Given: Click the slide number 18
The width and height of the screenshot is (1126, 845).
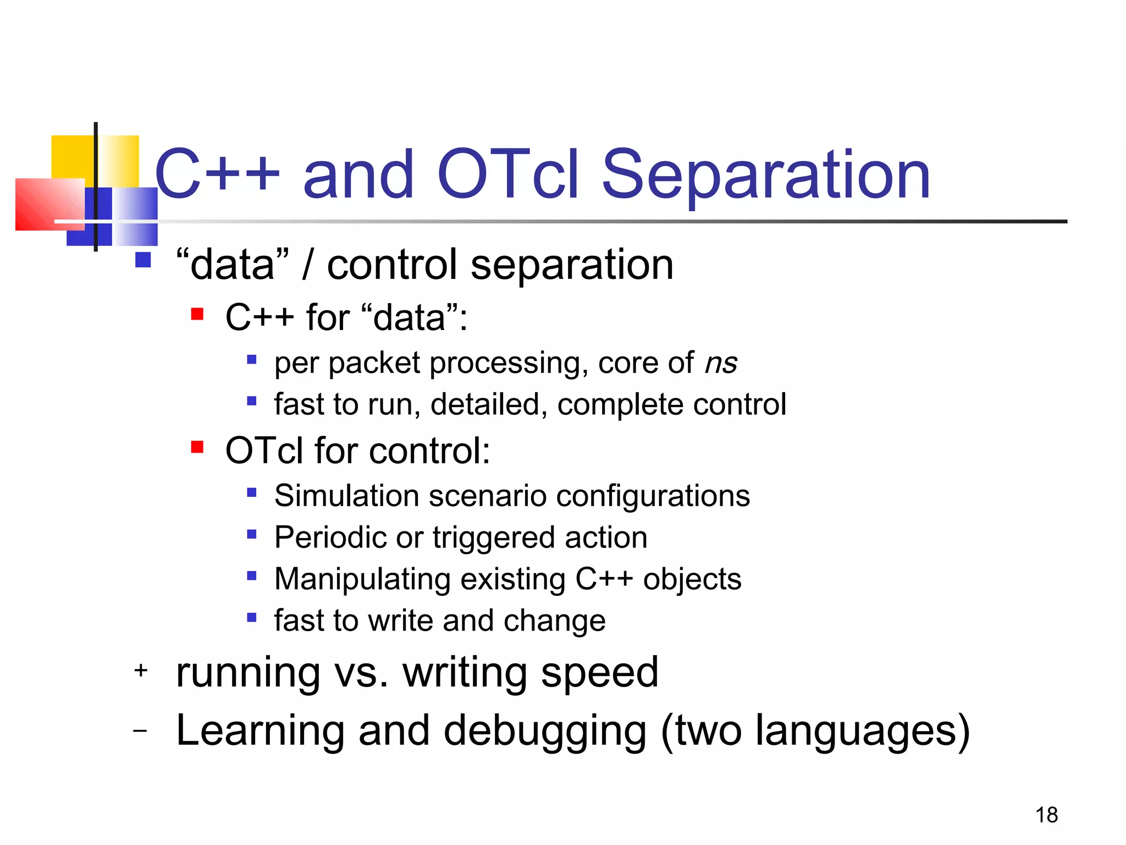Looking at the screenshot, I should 1046,815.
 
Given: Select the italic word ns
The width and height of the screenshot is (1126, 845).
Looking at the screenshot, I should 721,364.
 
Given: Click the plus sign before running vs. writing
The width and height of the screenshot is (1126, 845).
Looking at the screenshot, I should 141,670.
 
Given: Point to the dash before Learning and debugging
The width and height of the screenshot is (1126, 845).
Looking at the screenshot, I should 141,731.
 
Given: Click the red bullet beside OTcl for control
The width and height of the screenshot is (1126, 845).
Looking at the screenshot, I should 197,447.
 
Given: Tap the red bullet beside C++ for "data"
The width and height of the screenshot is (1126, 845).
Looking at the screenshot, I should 197,314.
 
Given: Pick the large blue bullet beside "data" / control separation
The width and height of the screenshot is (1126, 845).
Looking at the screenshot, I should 143,260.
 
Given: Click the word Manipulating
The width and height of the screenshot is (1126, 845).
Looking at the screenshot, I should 362,579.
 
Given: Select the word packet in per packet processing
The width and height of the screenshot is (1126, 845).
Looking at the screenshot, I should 374,364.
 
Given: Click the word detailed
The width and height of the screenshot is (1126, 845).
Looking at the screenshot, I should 489,405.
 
